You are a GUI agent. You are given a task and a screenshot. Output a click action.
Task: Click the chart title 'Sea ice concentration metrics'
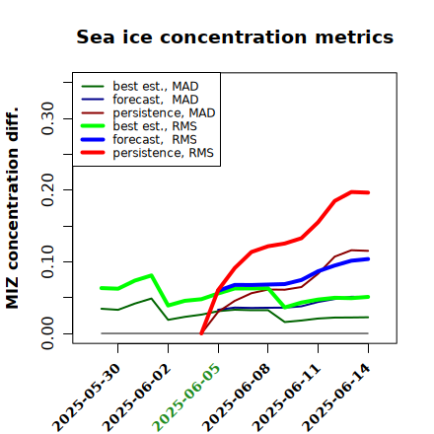[235, 36]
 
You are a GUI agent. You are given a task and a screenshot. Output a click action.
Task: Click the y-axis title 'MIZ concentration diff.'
[12, 208]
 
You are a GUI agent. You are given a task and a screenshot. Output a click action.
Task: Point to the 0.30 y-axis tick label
[48, 118]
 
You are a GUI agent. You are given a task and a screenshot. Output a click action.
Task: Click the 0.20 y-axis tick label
[48, 190]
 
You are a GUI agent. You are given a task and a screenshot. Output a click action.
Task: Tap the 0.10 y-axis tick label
[48, 261]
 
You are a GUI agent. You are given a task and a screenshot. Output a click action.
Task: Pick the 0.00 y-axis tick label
[48, 333]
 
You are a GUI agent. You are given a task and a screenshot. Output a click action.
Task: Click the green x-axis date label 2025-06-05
[186, 397]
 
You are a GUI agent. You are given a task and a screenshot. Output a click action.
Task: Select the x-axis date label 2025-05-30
[87, 397]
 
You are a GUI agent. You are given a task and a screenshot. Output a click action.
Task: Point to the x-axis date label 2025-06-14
[337, 397]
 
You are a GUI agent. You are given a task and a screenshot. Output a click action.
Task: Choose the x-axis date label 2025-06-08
[237, 397]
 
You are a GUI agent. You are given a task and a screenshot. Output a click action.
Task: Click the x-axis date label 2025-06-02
[137, 397]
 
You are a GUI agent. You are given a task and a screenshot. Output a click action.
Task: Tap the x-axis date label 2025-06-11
[287, 397]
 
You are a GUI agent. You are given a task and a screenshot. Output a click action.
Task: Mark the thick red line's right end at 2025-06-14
[368, 192]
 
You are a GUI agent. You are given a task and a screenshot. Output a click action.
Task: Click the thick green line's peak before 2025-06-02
[151, 275]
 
